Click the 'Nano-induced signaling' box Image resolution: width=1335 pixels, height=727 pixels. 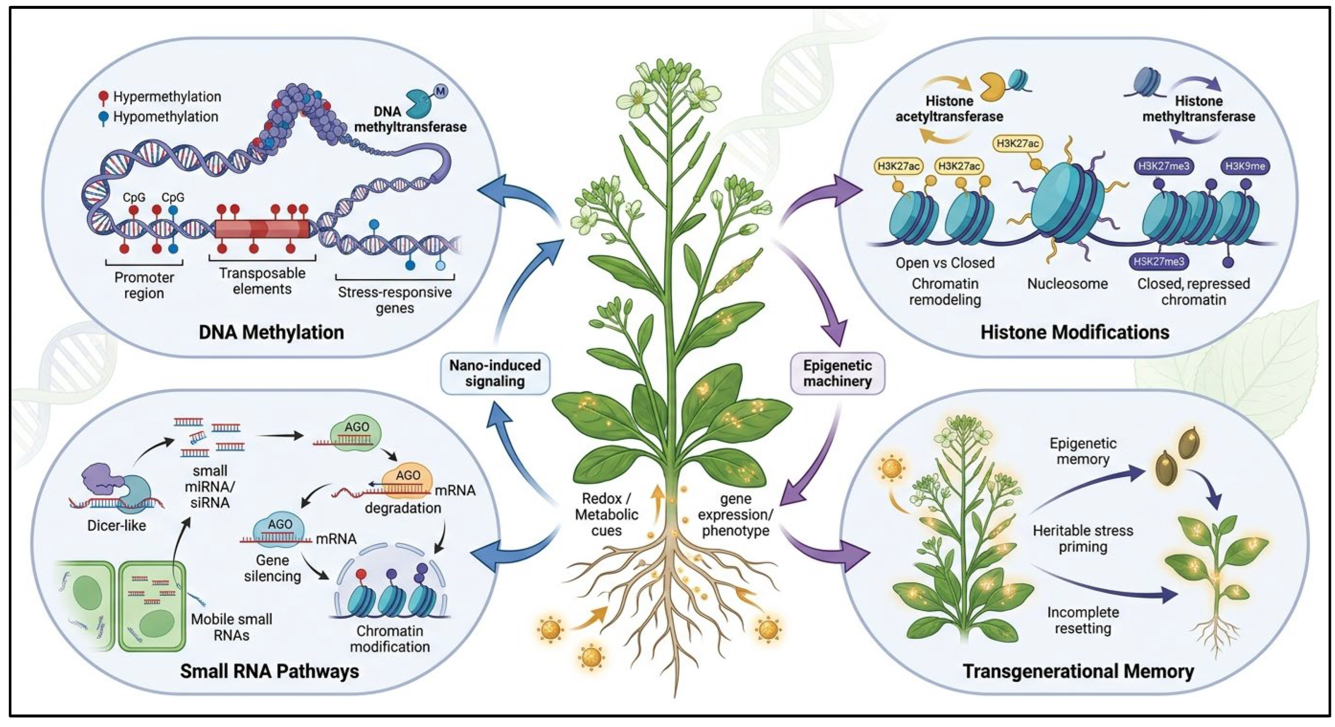[x=495, y=373]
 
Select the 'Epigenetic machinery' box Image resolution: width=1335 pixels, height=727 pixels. [x=837, y=373]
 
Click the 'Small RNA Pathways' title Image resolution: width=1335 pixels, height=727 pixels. [x=269, y=671]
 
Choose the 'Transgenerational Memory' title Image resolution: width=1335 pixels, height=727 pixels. [x=1078, y=671]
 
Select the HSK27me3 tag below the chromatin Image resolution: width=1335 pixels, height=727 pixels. [x=1159, y=261]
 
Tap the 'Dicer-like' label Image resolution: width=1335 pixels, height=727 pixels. [x=117, y=526]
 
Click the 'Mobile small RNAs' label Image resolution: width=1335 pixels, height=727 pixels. [x=232, y=627]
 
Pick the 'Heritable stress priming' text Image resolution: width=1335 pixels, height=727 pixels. [x=1083, y=538]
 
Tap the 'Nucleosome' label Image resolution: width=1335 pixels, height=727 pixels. [x=1068, y=284]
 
